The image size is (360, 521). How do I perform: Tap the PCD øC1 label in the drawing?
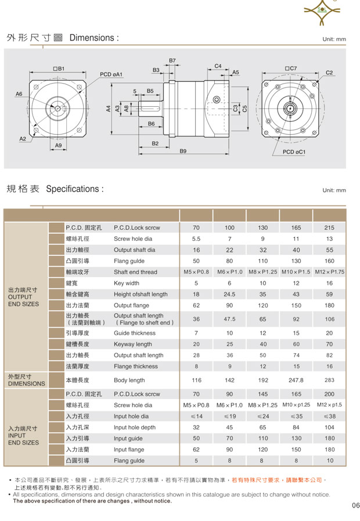[294, 152]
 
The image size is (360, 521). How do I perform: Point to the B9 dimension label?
[183, 151]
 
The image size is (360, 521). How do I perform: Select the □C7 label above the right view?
[290, 68]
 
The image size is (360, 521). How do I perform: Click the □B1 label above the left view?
[58, 68]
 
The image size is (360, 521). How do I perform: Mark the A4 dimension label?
[108, 108]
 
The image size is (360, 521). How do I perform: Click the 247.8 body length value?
[296, 380]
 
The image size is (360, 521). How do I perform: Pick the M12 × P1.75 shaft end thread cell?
[329, 272]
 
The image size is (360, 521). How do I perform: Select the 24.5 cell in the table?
[229, 294]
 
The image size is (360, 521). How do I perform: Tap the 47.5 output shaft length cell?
[229, 319]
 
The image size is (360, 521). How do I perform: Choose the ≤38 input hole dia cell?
[329, 416]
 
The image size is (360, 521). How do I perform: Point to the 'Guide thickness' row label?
[135, 333]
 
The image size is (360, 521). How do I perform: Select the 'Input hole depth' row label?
[135, 428]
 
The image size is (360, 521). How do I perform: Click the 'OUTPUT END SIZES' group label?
[24, 296]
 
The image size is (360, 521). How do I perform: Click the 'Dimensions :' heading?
[94, 38]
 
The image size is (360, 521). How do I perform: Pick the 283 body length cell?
[329, 380]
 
